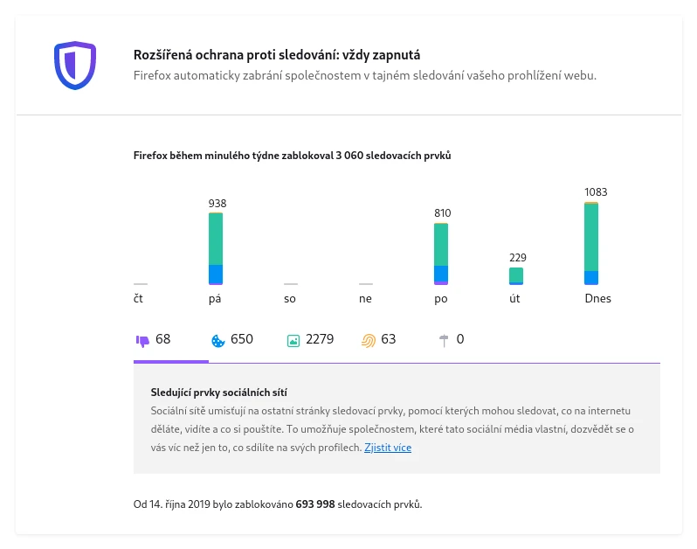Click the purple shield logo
74,65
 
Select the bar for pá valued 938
216,248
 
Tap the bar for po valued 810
441,254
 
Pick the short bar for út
516,275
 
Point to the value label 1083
596,192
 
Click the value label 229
517,258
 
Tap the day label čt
139,299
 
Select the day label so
290,299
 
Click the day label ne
365,299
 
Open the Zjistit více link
388,448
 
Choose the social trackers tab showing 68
154,339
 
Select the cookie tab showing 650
232,339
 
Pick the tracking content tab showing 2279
310,339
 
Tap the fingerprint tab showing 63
379,339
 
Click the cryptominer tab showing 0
451,339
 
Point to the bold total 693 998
315,504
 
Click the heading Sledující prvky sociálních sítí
219,393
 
